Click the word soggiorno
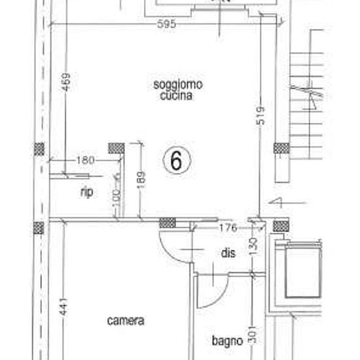pyautogui.click(x=177, y=84)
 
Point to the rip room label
pyautogui.click(x=86, y=192)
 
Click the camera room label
pyautogui.click(x=126, y=321)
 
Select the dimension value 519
pyautogui.click(x=262, y=117)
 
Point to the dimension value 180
pyautogui.click(x=86, y=160)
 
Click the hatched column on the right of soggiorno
pyautogui.click(x=281, y=148)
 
